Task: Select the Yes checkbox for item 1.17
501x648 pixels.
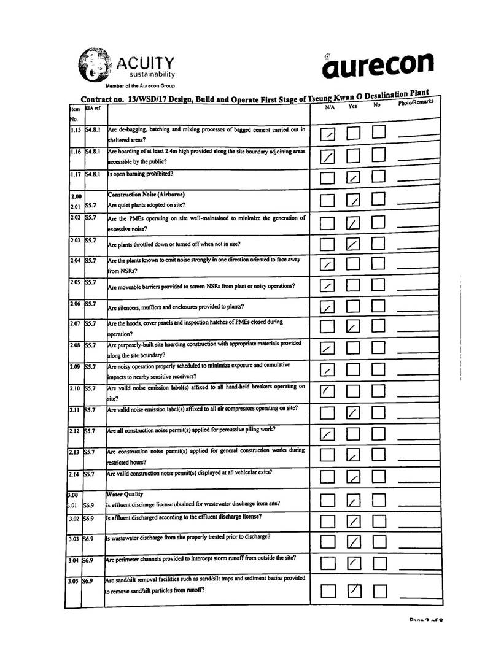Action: pyautogui.click(x=353, y=179)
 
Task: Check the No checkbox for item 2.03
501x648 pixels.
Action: pyautogui.click(x=379, y=245)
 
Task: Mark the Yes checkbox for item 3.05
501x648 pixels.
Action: pyautogui.click(x=354, y=591)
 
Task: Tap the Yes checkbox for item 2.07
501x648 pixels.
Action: pyautogui.click(x=353, y=327)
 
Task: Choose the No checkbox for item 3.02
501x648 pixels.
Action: pyautogui.click(x=379, y=522)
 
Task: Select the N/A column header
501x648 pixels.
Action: pyautogui.click(x=330, y=107)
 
